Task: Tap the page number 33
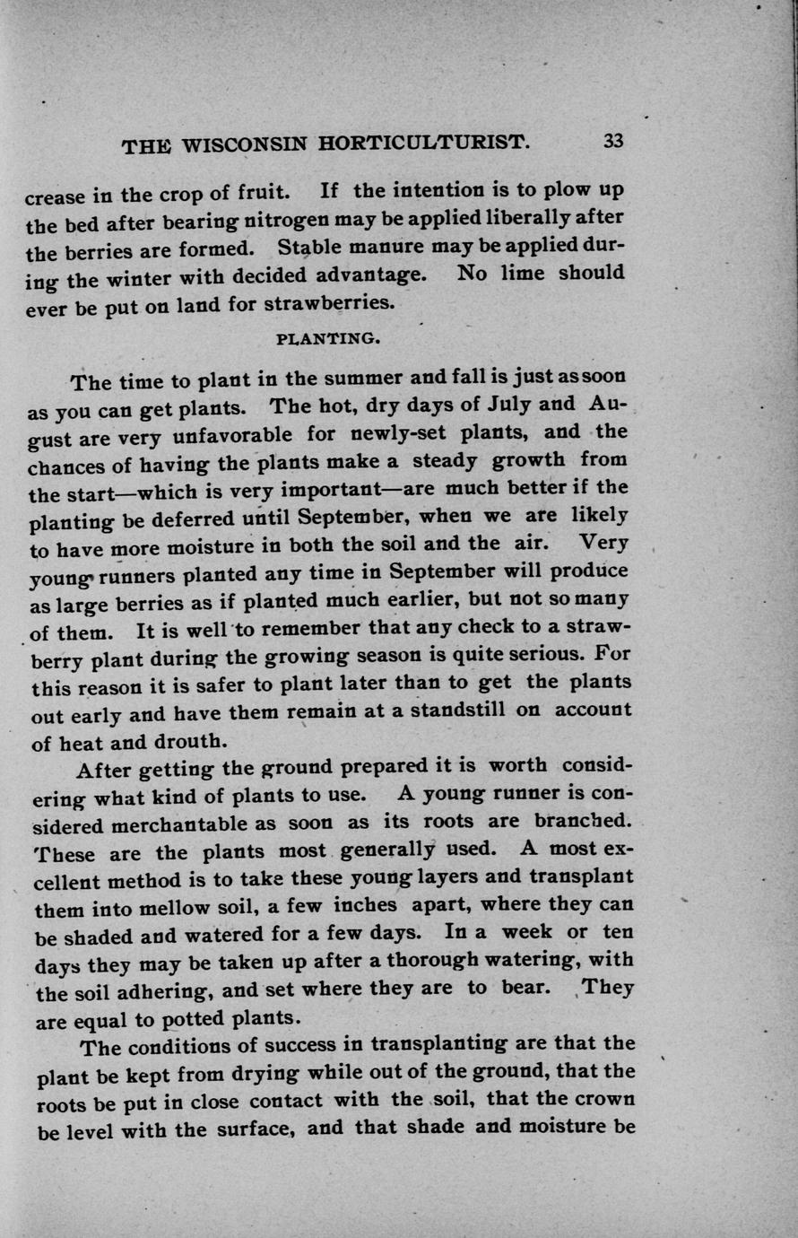[613, 141]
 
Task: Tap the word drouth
[185, 741]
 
